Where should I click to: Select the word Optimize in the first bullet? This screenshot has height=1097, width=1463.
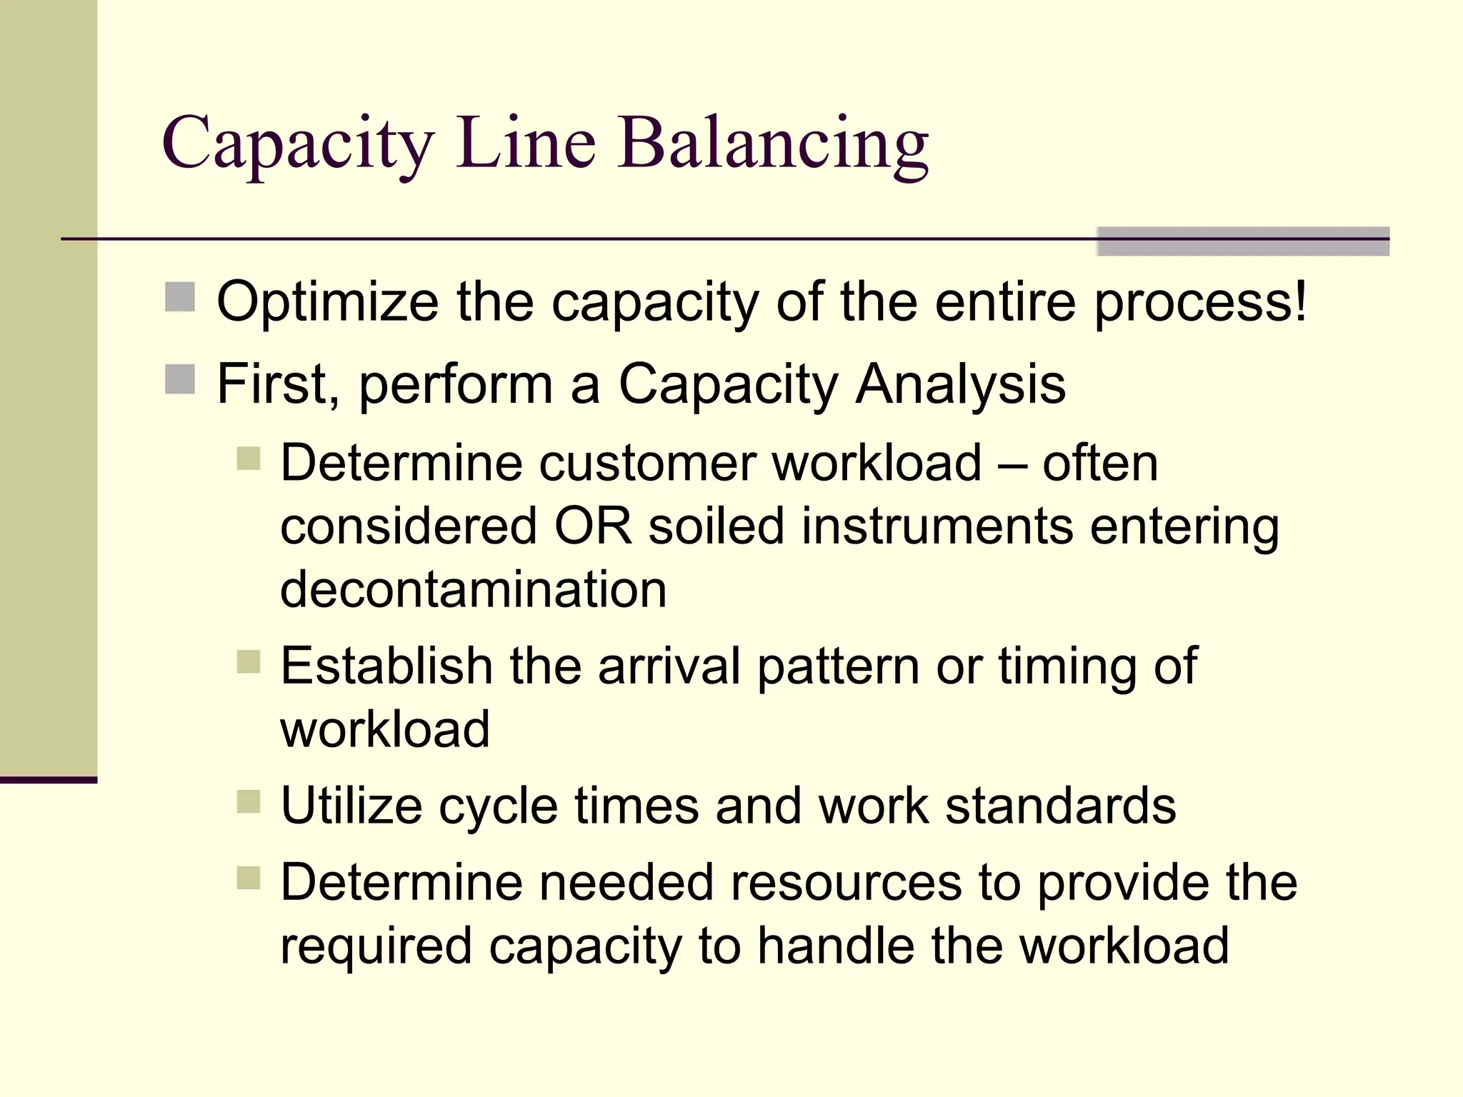328,302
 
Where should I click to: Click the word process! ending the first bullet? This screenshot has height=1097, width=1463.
1201,302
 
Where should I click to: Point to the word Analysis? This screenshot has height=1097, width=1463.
960,384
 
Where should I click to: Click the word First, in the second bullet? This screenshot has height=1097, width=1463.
278,384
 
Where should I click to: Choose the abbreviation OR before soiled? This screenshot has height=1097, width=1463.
594,526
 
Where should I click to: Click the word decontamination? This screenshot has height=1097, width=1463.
474,589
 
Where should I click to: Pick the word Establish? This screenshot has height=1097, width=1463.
386,666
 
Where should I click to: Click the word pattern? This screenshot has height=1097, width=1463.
838,666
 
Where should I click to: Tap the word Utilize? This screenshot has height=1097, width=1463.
351,806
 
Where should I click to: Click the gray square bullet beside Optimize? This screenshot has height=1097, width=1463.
180,297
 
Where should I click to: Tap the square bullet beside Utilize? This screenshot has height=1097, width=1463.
249,801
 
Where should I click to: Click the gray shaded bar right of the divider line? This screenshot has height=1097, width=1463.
1242,241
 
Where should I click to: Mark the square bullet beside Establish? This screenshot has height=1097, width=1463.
249,661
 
